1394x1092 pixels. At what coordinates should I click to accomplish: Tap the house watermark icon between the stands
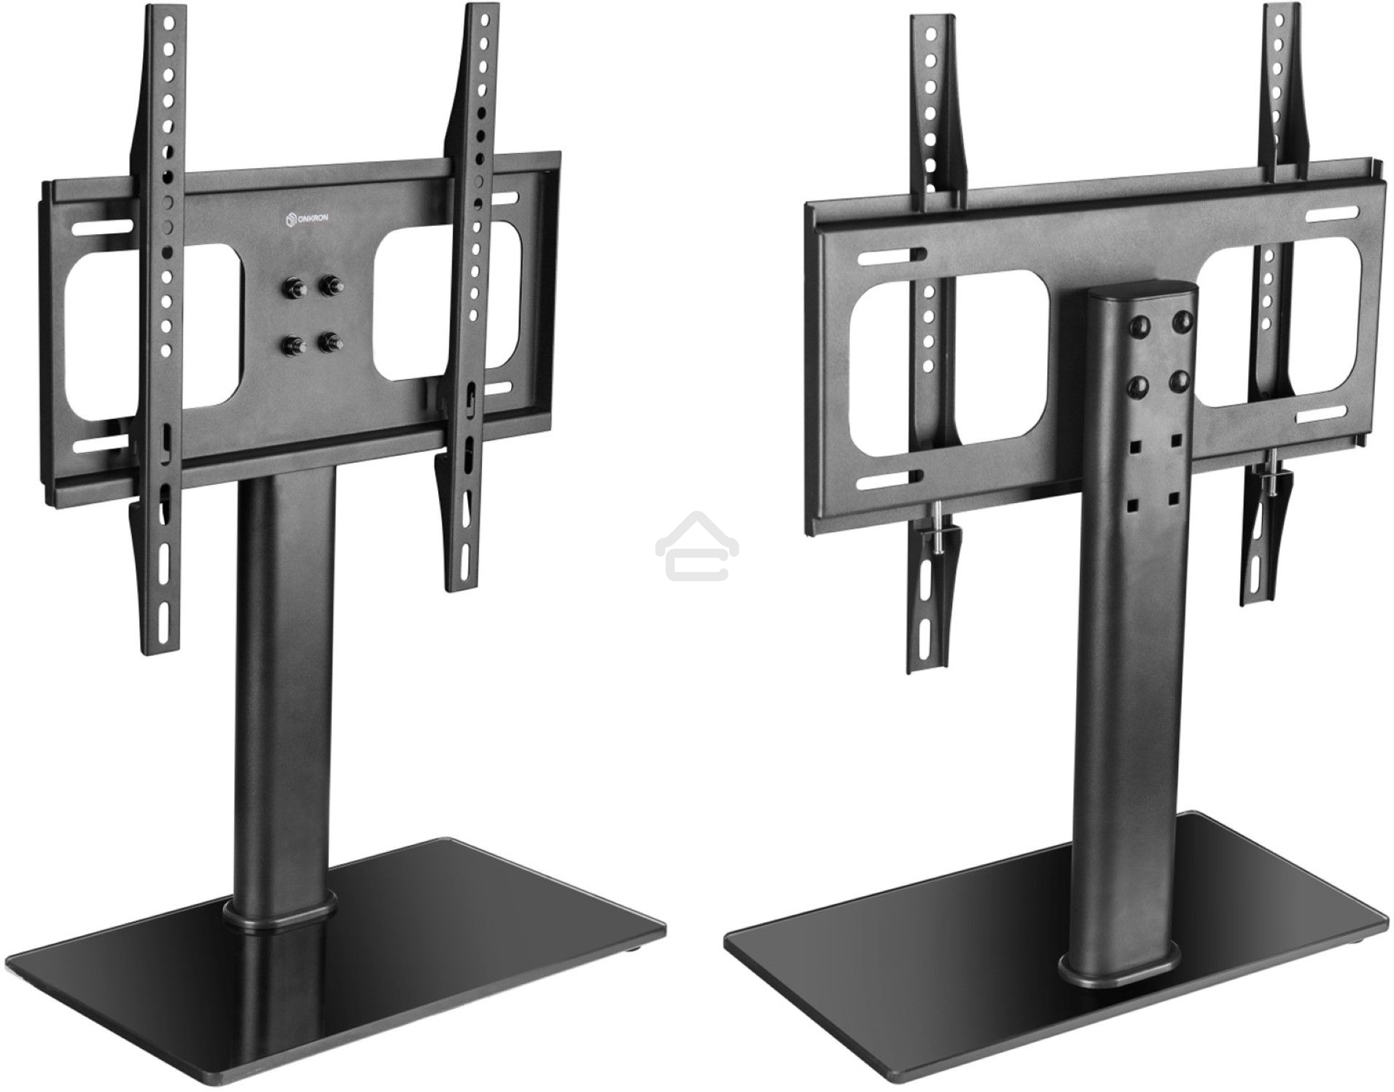[x=697, y=546]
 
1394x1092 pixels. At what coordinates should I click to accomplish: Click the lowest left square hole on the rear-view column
[x=1134, y=503]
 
